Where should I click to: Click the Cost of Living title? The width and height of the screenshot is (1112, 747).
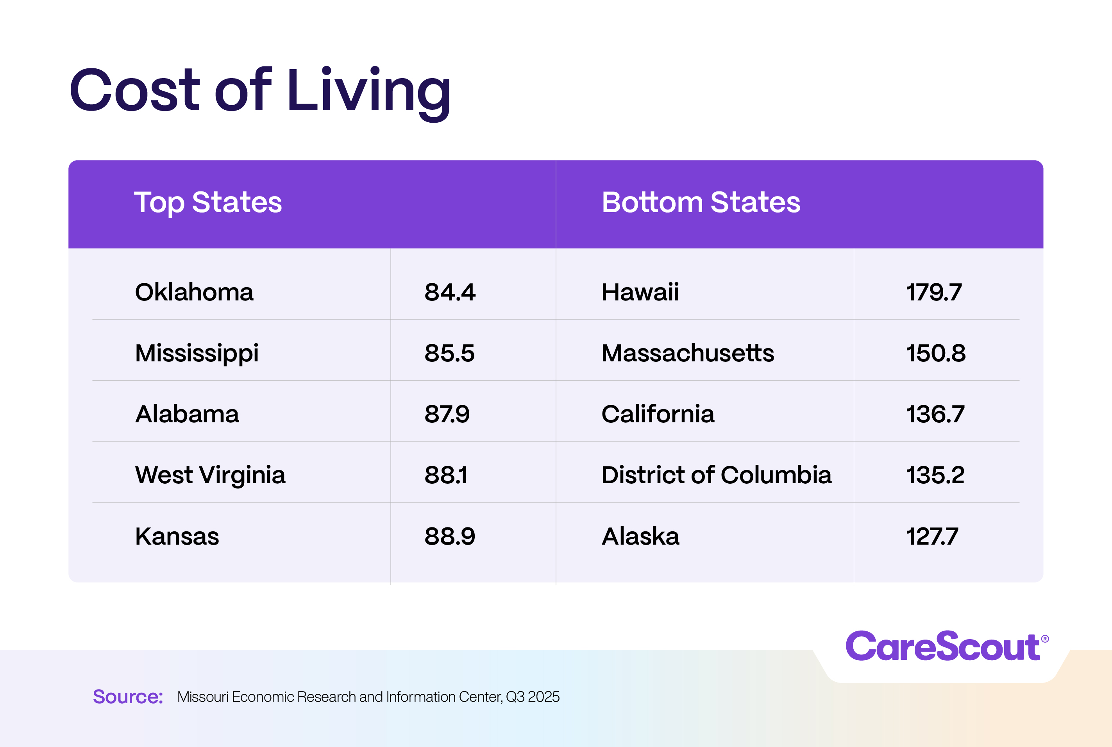[x=260, y=91]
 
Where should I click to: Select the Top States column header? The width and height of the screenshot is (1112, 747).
[x=208, y=202]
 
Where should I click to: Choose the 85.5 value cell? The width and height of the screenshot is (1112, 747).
[x=449, y=353]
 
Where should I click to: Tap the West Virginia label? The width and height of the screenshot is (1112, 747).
[x=210, y=475]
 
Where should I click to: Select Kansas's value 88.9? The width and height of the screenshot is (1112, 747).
[x=450, y=536]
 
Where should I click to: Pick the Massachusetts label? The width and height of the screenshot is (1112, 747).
[x=688, y=353]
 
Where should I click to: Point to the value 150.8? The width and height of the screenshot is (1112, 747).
[x=935, y=353]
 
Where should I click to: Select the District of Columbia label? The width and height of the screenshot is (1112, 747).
[x=716, y=475]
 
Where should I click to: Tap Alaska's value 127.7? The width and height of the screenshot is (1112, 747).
[x=931, y=536]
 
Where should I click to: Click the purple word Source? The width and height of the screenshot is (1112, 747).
[x=128, y=697]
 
